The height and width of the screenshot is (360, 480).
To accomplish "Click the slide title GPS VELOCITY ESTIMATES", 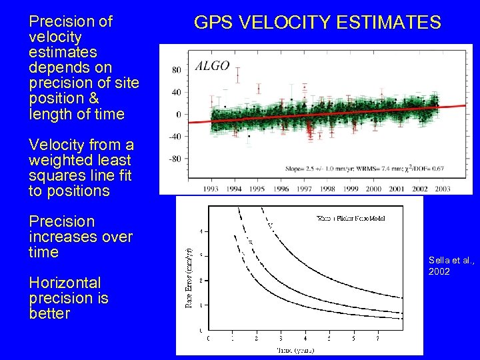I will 317,23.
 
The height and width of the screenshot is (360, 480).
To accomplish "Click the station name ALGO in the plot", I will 212,65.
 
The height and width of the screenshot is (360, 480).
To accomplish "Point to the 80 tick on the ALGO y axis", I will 176,70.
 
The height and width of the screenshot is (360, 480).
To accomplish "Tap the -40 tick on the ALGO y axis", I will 175,137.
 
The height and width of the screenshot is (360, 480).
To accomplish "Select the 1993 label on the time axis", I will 210,189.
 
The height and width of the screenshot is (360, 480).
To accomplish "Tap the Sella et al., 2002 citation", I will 451,265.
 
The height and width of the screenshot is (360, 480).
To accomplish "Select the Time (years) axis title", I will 296,349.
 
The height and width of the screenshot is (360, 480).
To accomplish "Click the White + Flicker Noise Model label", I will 349,219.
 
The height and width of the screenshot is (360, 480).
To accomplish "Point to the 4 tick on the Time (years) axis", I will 305,339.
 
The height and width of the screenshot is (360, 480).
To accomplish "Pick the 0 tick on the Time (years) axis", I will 209,339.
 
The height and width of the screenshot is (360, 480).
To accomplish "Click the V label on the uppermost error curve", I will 270,225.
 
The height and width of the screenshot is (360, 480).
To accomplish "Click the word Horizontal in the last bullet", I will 65,283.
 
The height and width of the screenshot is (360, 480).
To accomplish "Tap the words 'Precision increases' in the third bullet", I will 62,229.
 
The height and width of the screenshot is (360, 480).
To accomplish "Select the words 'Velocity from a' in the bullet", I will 81,145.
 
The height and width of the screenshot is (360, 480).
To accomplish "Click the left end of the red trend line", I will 189,122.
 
